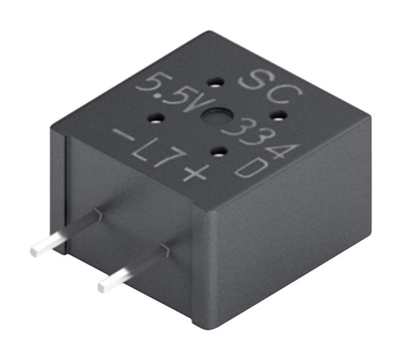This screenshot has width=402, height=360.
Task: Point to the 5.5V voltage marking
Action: click(171, 92)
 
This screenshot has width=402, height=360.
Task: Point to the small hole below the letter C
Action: click(277, 115)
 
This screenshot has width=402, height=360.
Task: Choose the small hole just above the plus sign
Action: click(218, 151)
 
